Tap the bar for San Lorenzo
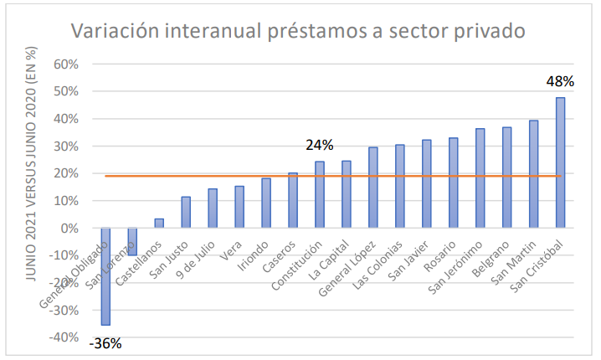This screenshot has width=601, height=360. (132, 242)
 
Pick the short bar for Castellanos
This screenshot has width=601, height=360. (159, 224)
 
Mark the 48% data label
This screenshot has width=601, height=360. (560, 82)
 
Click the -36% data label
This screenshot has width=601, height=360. (105, 342)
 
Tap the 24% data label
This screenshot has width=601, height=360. (319, 146)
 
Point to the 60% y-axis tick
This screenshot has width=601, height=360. (65, 64)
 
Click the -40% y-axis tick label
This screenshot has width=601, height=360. (63, 337)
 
